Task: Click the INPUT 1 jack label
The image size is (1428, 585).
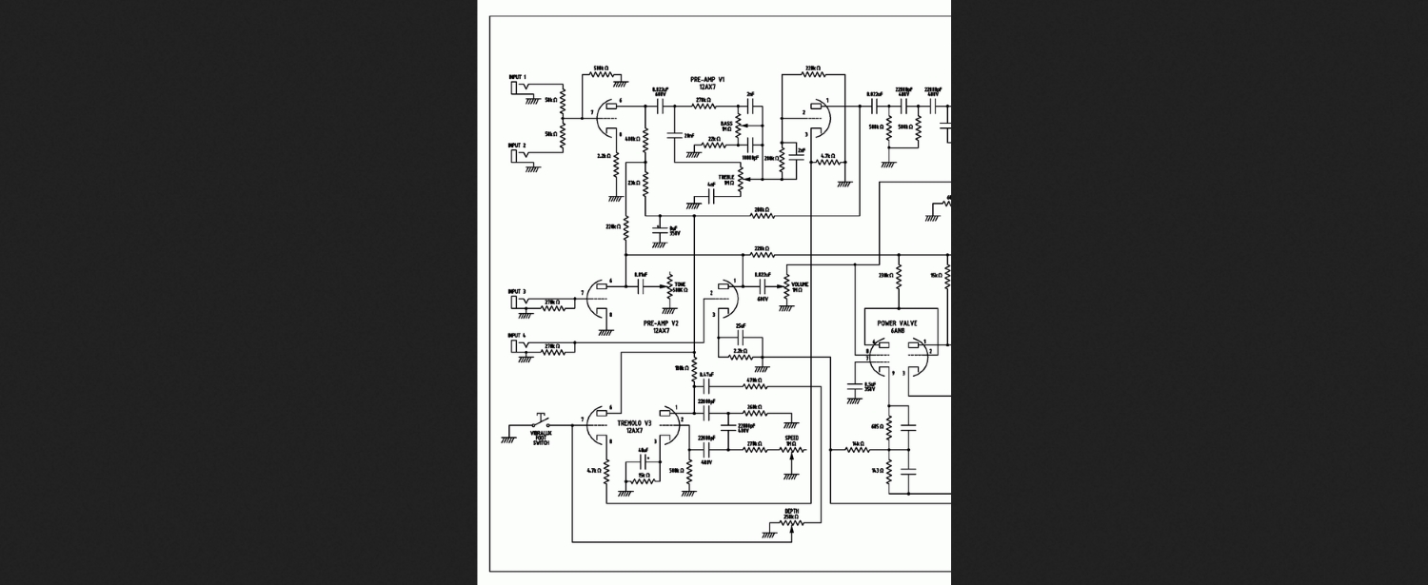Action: click(x=518, y=76)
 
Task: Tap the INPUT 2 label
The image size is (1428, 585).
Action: click(x=518, y=146)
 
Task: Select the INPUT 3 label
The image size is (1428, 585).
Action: click(x=517, y=291)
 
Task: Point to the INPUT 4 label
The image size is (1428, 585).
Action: click(x=517, y=335)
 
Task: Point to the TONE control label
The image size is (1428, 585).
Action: click(x=681, y=286)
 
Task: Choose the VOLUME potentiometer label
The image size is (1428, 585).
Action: click(x=800, y=286)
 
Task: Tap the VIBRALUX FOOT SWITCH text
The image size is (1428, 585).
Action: click(x=541, y=439)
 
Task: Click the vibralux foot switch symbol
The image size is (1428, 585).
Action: click(x=540, y=422)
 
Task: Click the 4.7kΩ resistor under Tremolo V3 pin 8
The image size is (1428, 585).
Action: click(x=606, y=470)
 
